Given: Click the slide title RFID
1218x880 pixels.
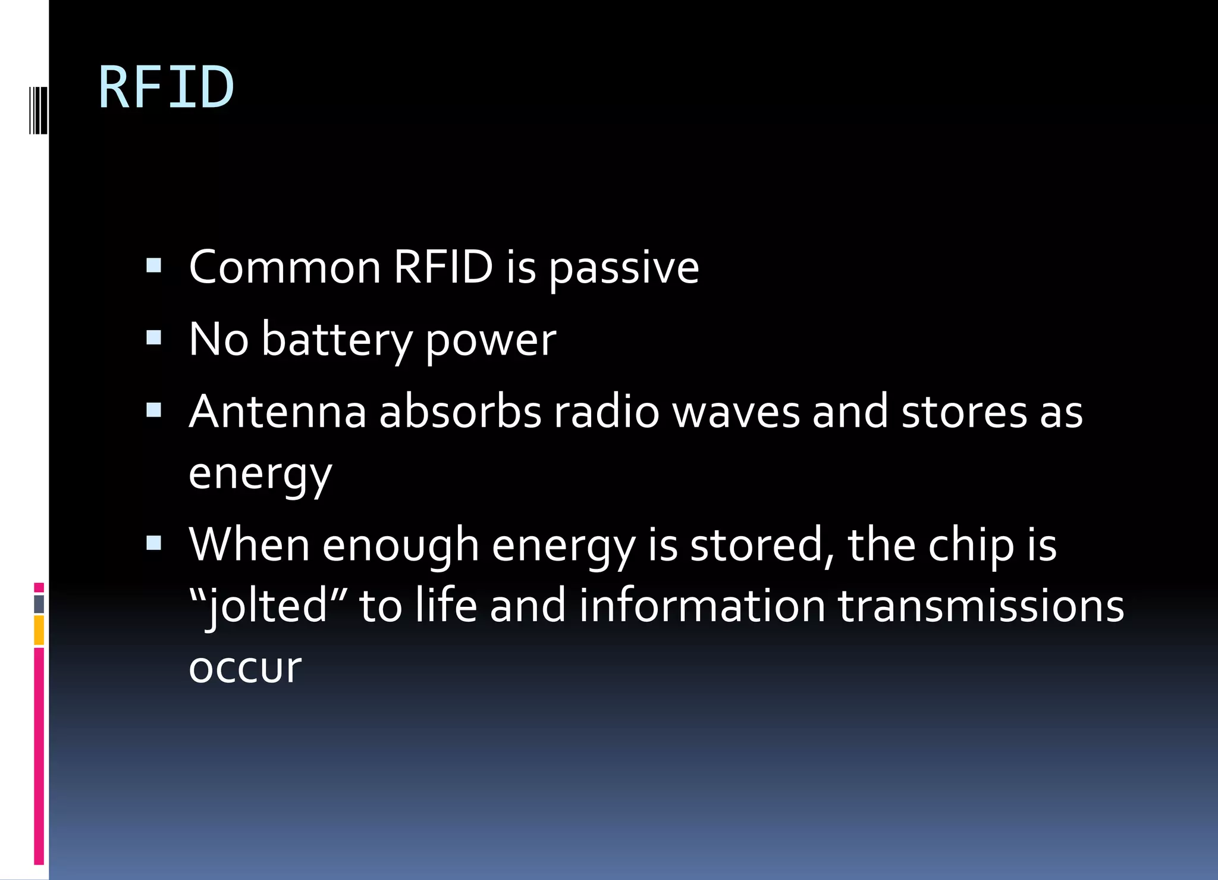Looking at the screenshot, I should (x=166, y=88).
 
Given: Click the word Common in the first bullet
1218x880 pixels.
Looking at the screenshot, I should (x=284, y=267).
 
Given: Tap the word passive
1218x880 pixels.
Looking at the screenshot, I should (x=623, y=268).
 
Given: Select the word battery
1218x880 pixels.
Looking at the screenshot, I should (x=336, y=340).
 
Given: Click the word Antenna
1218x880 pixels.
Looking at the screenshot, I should (x=277, y=412).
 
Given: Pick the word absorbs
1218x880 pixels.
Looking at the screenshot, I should (x=460, y=412).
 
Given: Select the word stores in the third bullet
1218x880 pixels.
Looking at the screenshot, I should (x=963, y=412).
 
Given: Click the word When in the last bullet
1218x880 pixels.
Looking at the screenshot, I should (x=249, y=544).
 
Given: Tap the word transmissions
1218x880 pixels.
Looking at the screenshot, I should (x=981, y=606).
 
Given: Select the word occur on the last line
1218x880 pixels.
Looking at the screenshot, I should (x=244, y=668).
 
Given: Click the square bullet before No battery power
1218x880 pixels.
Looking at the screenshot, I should (x=153, y=338).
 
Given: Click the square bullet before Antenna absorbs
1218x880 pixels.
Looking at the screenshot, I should (x=153, y=410).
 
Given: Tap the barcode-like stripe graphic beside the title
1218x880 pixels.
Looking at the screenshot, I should (x=38, y=110).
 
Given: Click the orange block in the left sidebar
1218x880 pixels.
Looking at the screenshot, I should (x=39, y=631).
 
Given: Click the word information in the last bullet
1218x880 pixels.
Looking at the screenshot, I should (x=702, y=606).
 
